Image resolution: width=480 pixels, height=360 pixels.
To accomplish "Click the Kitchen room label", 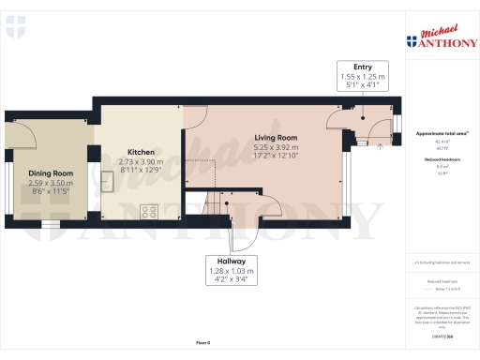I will click(141, 152).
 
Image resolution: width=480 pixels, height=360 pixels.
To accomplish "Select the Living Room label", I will click(276, 138).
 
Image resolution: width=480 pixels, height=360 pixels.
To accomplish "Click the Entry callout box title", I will click(363, 67).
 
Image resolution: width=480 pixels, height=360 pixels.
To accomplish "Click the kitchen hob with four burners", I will click(148, 212).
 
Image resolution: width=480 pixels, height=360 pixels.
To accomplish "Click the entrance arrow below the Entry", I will click(379, 146).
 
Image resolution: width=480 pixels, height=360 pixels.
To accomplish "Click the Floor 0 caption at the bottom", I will click(202, 343).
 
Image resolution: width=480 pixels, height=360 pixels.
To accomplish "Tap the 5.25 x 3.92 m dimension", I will click(276, 147).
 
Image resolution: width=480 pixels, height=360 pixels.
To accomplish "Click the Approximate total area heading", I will click(442, 134).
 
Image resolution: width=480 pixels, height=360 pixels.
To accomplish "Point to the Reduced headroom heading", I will click(441, 160).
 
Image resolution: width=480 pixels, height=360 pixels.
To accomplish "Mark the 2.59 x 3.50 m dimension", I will click(51, 183).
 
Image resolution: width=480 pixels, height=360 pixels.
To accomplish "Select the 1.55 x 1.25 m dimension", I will click(363, 76).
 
